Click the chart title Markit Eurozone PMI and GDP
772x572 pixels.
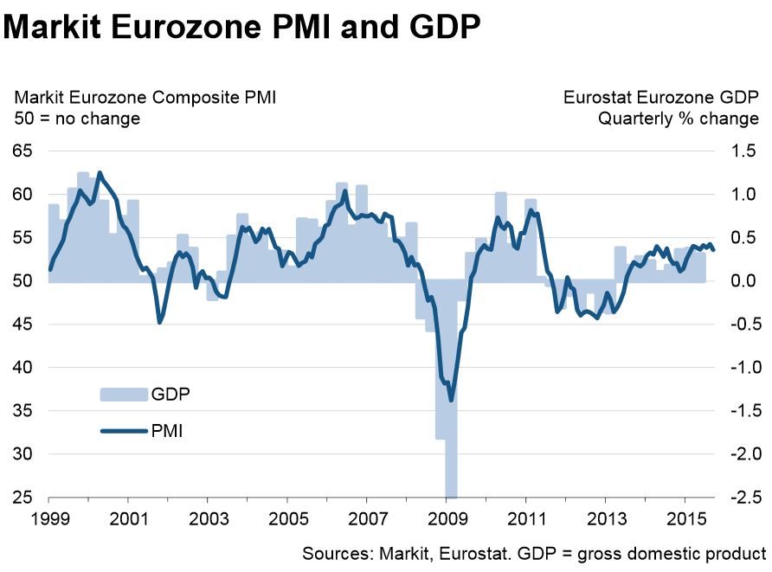click(x=241, y=28)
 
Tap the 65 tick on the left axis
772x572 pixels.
click(x=23, y=151)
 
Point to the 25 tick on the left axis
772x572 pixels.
click(x=23, y=498)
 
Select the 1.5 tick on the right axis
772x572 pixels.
click(x=743, y=151)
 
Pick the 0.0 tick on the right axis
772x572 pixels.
click(x=743, y=281)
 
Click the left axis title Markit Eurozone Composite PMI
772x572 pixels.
click(x=145, y=98)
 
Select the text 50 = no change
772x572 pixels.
click(x=77, y=119)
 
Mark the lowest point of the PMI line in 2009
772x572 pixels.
click(x=451, y=401)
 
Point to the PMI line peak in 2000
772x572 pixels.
click(x=100, y=173)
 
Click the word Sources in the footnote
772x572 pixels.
click(x=335, y=553)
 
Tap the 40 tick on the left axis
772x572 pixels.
click(x=23, y=368)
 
